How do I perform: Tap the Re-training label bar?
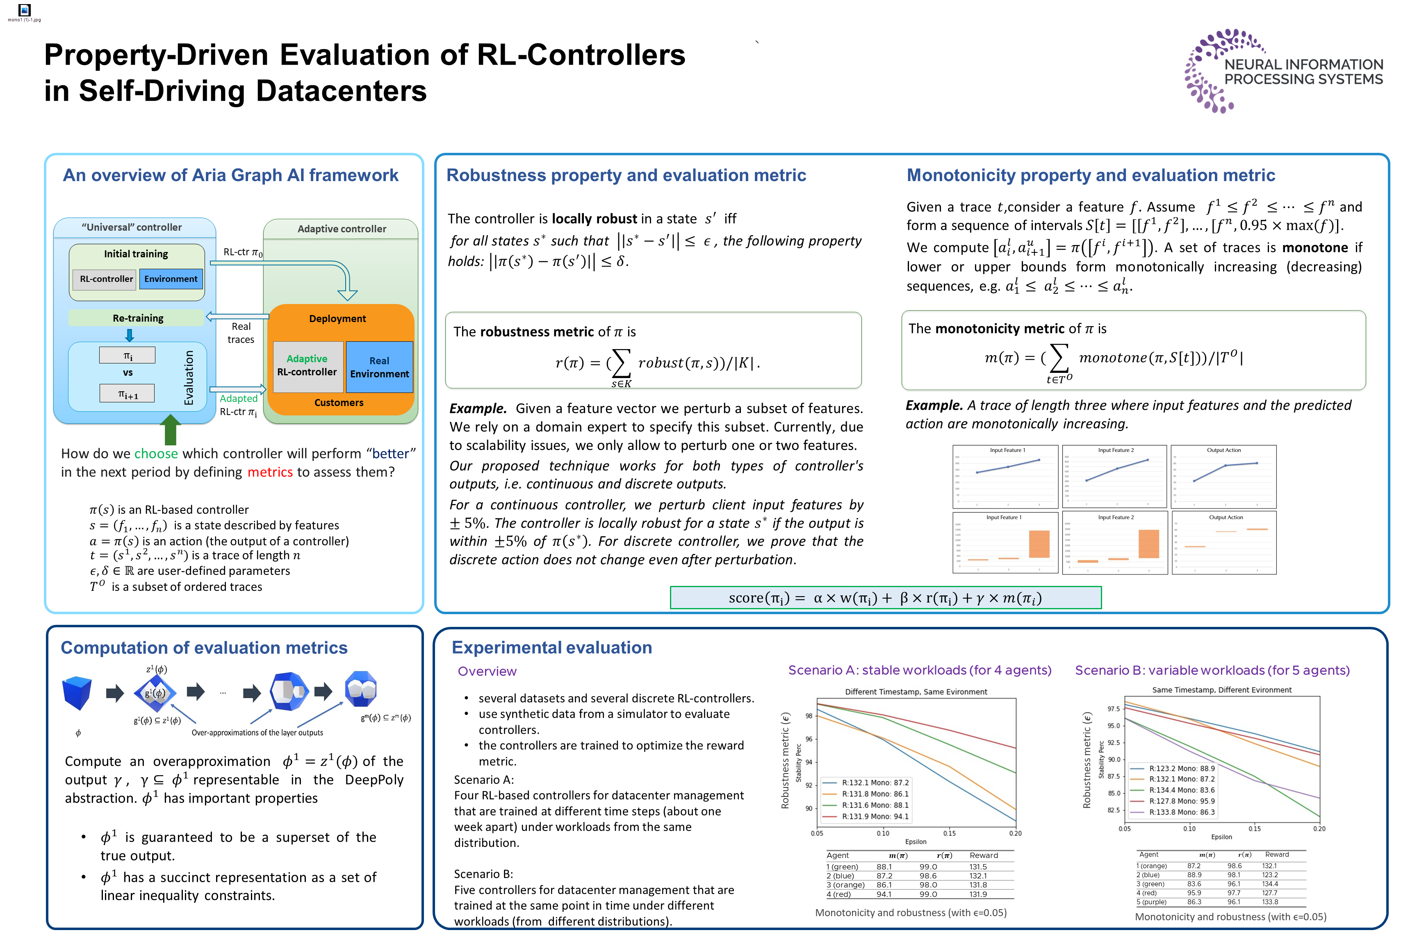click(x=137, y=318)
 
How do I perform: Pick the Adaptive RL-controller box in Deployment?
click(x=307, y=366)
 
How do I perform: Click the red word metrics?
click(x=270, y=472)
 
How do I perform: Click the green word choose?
click(x=156, y=454)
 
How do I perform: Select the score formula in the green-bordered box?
click(x=885, y=598)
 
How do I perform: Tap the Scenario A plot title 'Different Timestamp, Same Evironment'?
click(x=916, y=692)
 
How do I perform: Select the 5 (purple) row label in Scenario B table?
click(x=1151, y=902)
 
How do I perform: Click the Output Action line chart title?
click(x=1223, y=450)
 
